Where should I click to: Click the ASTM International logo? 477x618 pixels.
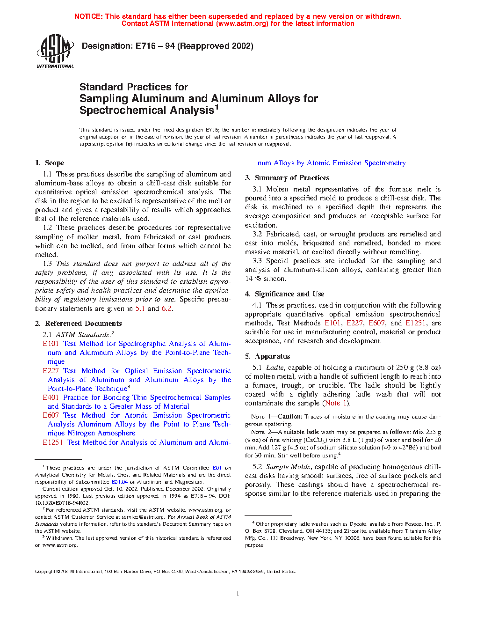55,52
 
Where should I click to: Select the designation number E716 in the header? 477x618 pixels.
146,46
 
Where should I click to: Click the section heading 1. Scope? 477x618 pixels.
50,163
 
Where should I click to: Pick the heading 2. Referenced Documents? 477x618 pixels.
78,324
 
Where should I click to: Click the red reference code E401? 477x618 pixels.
51,397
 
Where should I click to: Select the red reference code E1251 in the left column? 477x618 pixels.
52,442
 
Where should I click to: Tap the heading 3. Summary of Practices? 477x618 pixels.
287,178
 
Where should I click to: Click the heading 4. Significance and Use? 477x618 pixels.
284,294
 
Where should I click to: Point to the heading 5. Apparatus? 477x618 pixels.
267,356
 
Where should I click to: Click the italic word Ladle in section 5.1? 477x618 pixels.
275,368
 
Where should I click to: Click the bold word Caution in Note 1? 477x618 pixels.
290,417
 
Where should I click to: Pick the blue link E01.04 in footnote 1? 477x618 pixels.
119,482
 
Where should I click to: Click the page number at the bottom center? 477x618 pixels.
238,594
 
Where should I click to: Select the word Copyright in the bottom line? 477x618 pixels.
45,572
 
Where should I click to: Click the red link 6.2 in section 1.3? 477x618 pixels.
166,309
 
